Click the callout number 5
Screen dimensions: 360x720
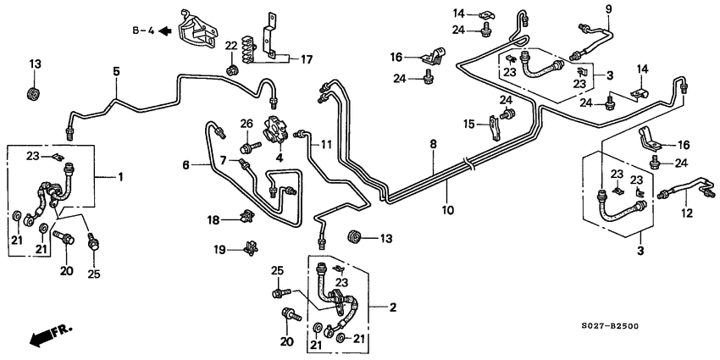coord(117,73)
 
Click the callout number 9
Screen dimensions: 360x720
coord(608,9)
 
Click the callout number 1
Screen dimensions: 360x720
coord(120,177)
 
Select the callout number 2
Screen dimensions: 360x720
coord(392,307)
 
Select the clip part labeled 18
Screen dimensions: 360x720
coord(245,219)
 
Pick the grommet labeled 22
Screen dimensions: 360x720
coord(231,66)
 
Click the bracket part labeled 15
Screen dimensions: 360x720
coord(495,127)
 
